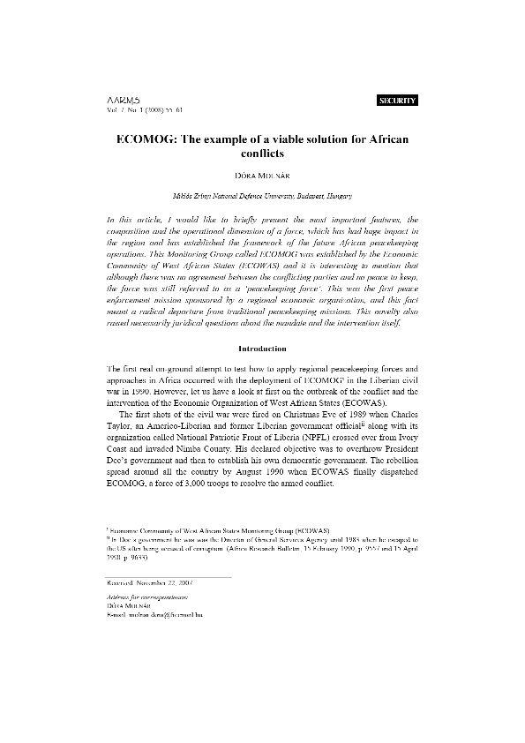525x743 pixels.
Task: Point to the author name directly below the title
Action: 263,176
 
